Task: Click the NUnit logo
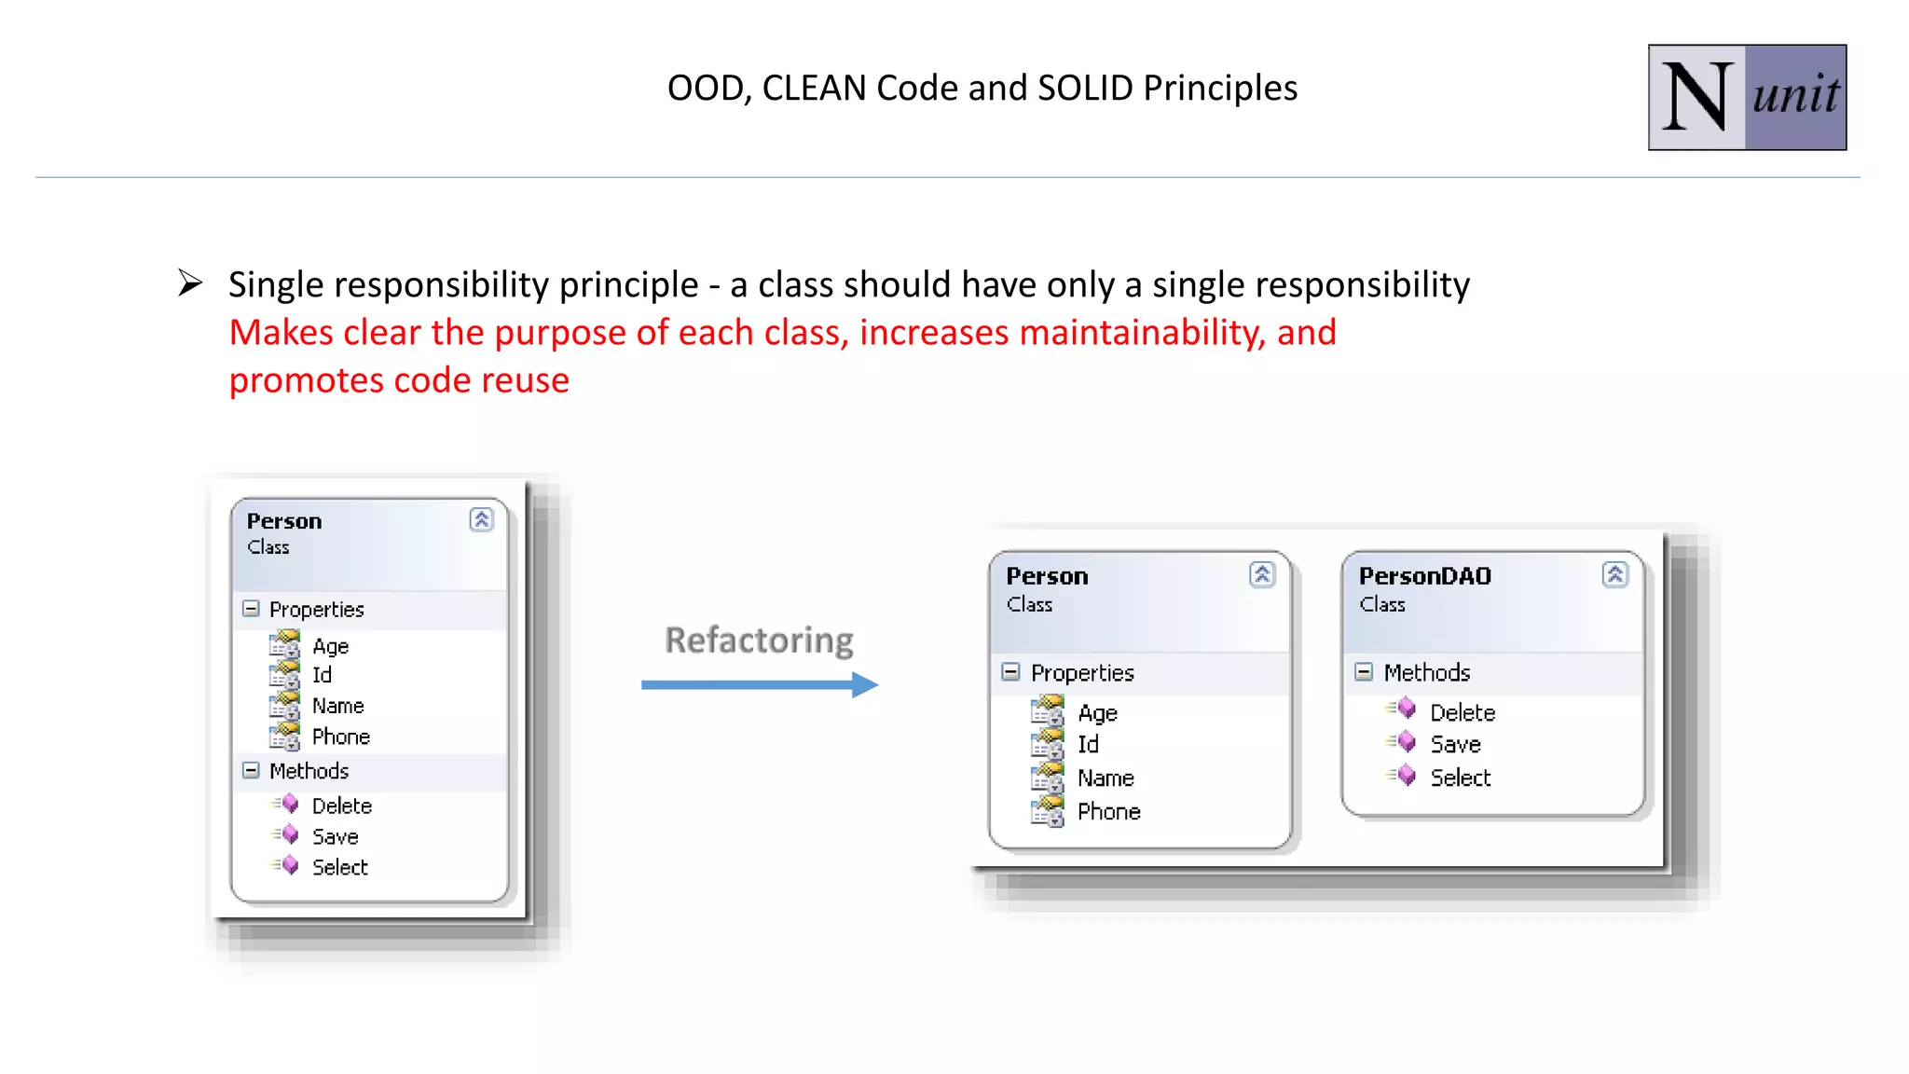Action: (1746, 97)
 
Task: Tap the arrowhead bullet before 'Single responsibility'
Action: (190, 282)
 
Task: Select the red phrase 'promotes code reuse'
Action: (399, 380)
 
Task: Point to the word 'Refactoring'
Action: (759, 640)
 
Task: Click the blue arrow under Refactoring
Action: (759, 685)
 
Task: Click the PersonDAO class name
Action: (1424, 576)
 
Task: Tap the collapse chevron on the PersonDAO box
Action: (1615, 574)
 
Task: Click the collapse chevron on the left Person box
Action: (481, 519)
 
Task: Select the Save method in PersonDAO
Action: (1455, 745)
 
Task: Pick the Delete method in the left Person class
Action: (341, 805)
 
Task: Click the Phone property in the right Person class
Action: (1108, 812)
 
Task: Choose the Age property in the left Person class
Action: (330, 646)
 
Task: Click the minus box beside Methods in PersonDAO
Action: (1364, 672)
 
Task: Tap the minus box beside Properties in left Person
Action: (251, 609)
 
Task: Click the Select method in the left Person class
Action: (339, 868)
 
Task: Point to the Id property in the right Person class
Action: (1088, 745)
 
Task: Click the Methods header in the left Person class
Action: (309, 771)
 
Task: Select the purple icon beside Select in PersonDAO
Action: (1407, 776)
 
